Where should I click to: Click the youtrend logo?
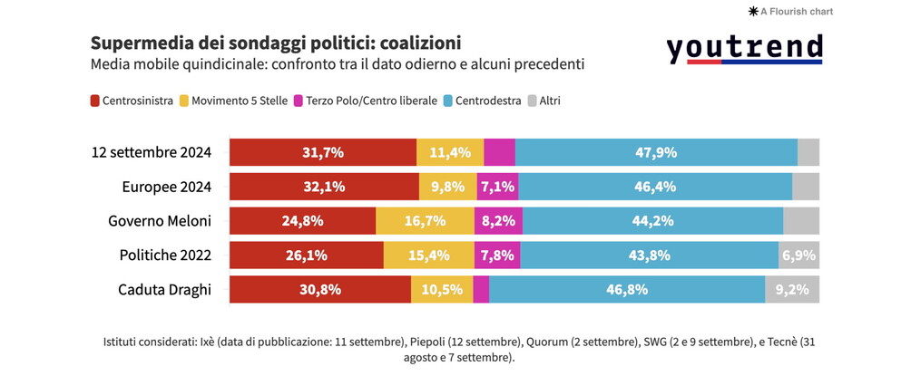click(744, 49)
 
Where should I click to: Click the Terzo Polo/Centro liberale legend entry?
click(364, 101)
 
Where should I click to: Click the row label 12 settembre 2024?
click(152, 152)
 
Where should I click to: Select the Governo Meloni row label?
click(159, 221)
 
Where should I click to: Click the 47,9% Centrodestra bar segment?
click(655, 152)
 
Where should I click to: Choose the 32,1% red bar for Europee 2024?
click(324, 187)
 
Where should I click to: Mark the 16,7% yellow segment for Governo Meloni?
click(425, 221)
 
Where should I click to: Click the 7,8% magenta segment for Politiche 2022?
click(497, 255)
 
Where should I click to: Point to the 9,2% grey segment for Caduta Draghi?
click(792, 290)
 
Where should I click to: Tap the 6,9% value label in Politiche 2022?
click(798, 255)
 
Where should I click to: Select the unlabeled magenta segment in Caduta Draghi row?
click(481, 290)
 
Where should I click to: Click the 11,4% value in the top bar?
click(450, 152)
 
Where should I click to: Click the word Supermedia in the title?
click(137, 43)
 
